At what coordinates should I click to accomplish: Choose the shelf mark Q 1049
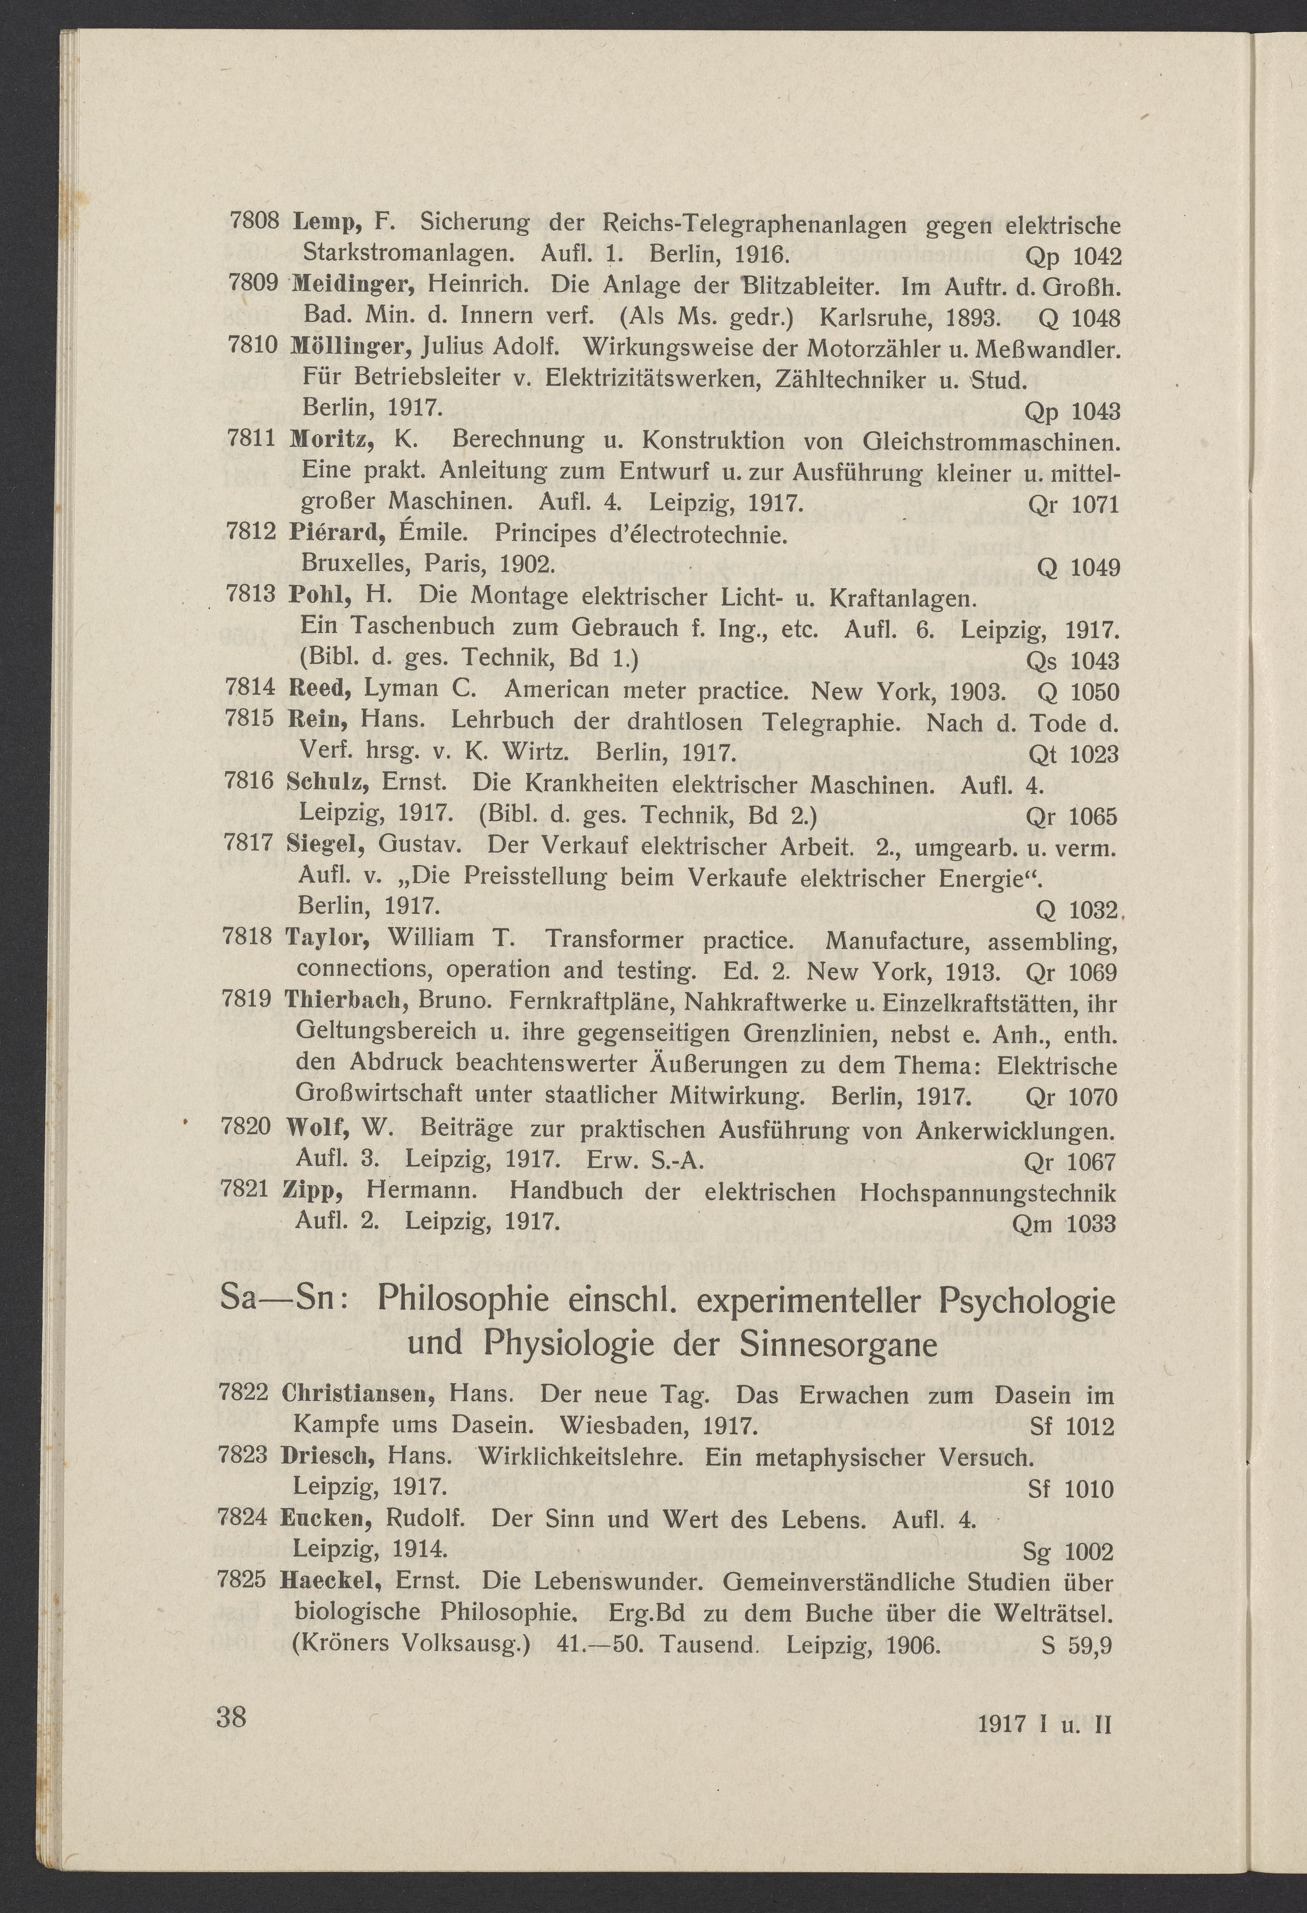click(x=1079, y=568)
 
